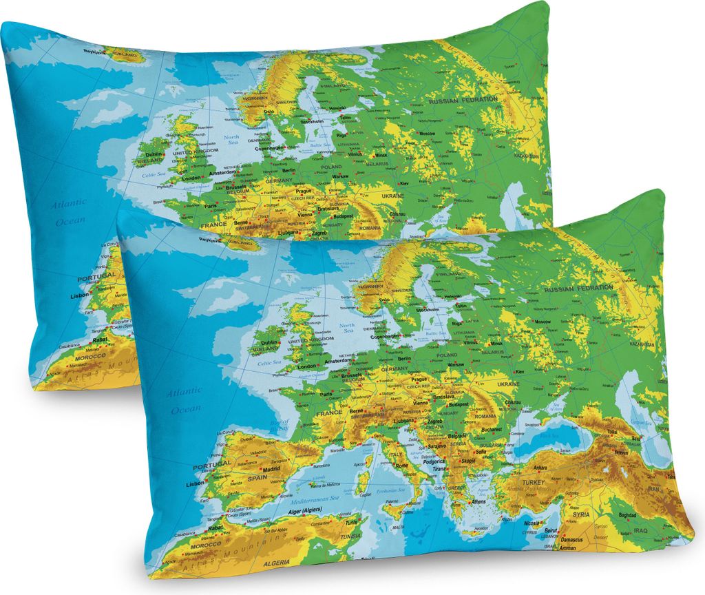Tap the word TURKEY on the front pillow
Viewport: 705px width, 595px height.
pyautogui.click(x=534, y=483)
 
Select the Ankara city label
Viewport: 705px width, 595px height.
pyautogui.click(x=536, y=468)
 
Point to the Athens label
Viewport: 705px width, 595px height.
pyautogui.click(x=478, y=501)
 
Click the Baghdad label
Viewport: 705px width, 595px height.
pyautogui.click(x=627, y=515)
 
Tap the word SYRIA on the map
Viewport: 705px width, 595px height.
pyautogui.click(x=581, y=514)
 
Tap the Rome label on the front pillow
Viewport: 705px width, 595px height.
pyautogui.click(x=402, y=466)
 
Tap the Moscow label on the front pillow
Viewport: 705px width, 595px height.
pyautogui.click(x=543, y=322)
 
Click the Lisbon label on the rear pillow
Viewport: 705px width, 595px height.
pyautogui.click(x=80, y=295)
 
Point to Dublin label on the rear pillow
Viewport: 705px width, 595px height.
pyautogui.click(x=154, y=155)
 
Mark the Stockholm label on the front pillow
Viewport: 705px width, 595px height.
pyautogui.click(x=428, y=310)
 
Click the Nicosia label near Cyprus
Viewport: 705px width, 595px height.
pyautogui.click(x=530, y=523)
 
